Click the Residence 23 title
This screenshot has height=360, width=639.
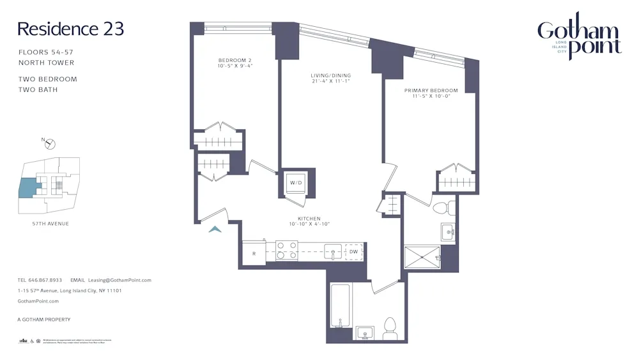70,29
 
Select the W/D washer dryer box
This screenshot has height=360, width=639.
296,182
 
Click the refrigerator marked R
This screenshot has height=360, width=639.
254,253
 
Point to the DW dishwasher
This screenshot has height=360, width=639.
353,252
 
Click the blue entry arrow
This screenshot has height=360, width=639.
215,229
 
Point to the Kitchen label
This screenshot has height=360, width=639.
309,219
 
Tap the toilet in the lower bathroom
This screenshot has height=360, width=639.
389,329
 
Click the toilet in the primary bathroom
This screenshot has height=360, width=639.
442,208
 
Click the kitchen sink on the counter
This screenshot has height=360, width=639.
332,250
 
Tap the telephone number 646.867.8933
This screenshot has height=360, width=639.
45,280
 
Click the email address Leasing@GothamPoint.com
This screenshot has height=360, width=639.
119,280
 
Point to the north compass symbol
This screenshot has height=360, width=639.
50,144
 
